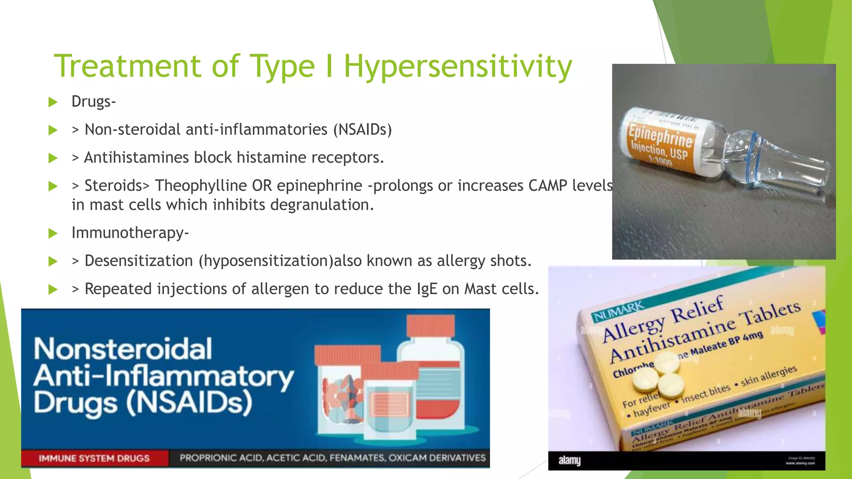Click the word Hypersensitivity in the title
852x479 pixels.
point(458,67)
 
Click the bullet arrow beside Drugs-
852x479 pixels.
point(53,102)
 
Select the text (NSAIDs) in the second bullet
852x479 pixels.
point(362,130)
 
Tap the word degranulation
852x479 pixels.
point(322,205)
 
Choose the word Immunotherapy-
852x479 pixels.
point(130,232)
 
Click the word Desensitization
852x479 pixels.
point(139,261)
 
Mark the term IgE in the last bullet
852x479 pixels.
point(427,289)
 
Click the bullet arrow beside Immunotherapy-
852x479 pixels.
point(53,233)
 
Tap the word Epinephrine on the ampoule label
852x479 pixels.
point(660,136)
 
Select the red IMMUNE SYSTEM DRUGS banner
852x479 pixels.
point(94,458)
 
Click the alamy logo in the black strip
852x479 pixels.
point(570,461)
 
